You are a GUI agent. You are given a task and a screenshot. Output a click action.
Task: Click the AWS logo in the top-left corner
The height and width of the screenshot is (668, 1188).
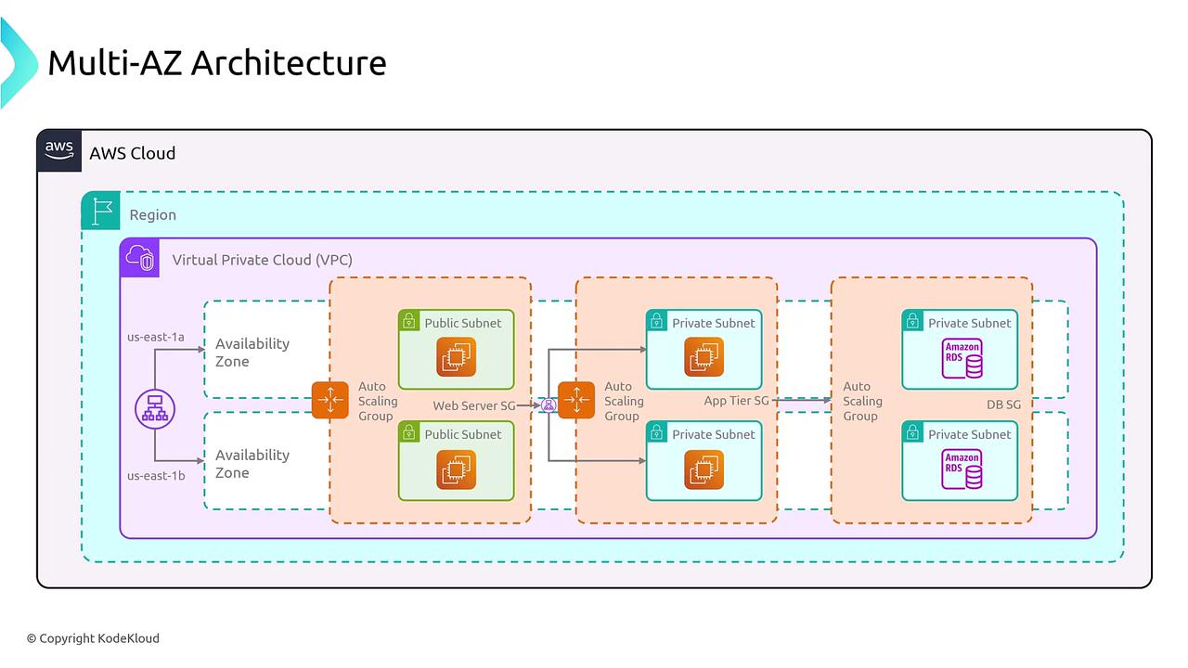[59, 150]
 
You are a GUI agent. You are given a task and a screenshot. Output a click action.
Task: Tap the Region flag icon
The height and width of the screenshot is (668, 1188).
[100, 211]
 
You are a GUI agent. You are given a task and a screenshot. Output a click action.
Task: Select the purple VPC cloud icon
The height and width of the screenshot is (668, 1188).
[139, 258]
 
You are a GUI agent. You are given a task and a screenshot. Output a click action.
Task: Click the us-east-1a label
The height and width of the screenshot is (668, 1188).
[156, 337]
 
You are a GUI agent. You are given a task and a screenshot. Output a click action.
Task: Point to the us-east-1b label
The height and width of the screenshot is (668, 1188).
[156, 476]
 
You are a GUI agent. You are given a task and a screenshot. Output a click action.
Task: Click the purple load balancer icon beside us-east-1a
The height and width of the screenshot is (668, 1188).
[154, 406]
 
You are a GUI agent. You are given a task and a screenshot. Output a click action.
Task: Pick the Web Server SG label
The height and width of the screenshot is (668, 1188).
[473, 405]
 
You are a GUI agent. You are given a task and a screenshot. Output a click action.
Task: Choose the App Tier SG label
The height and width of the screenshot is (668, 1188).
[736, 401]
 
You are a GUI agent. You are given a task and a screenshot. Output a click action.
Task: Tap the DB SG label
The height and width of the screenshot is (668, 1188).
[1003, 405]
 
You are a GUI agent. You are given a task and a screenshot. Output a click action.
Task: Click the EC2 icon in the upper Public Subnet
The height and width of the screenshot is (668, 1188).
[457, 358]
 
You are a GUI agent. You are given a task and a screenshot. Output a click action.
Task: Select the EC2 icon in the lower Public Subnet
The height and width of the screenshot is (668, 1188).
[457, 469]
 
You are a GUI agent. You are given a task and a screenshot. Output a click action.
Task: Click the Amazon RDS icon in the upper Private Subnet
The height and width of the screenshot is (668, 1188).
[962, 359]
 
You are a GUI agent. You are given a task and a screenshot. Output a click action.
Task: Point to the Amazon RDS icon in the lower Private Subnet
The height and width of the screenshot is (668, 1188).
[962, 469]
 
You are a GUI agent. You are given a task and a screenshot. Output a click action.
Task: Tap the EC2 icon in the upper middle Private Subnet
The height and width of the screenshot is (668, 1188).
[704, 358]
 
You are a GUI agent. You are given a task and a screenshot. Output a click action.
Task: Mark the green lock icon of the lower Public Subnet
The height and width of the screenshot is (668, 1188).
[408, 433]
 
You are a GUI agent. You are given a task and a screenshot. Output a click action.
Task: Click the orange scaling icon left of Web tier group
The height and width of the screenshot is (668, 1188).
[330, 400]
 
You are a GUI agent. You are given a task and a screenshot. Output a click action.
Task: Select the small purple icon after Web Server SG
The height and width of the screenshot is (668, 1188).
[549, 405]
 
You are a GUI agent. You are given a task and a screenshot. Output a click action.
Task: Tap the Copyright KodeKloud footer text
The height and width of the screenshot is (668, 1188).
[93, 638]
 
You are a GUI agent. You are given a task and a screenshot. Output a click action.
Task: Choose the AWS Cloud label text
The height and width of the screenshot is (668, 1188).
[132, 153]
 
